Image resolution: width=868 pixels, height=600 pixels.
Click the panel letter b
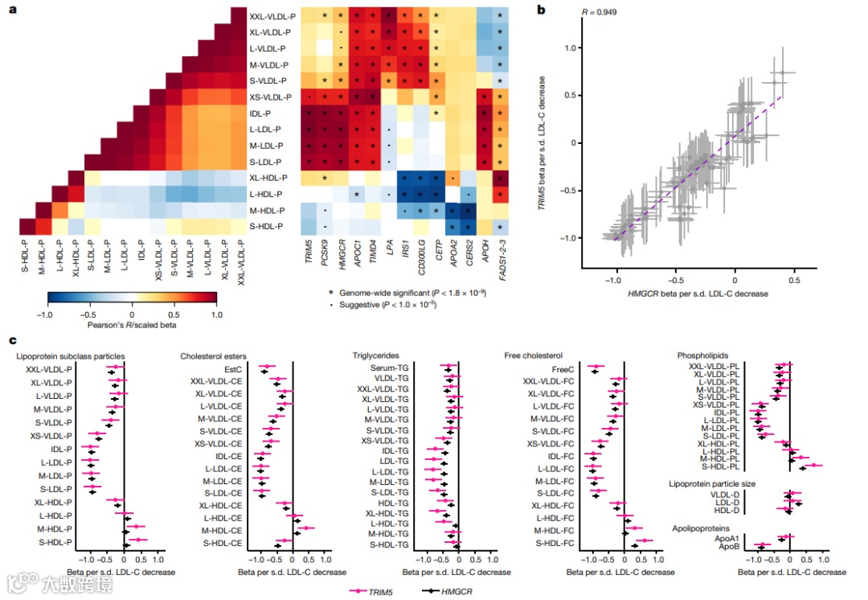(x=541, y=10)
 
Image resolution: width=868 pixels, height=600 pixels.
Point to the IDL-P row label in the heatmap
(x=261, y=113)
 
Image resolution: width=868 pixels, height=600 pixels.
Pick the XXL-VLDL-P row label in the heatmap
(x=272, y=16)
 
